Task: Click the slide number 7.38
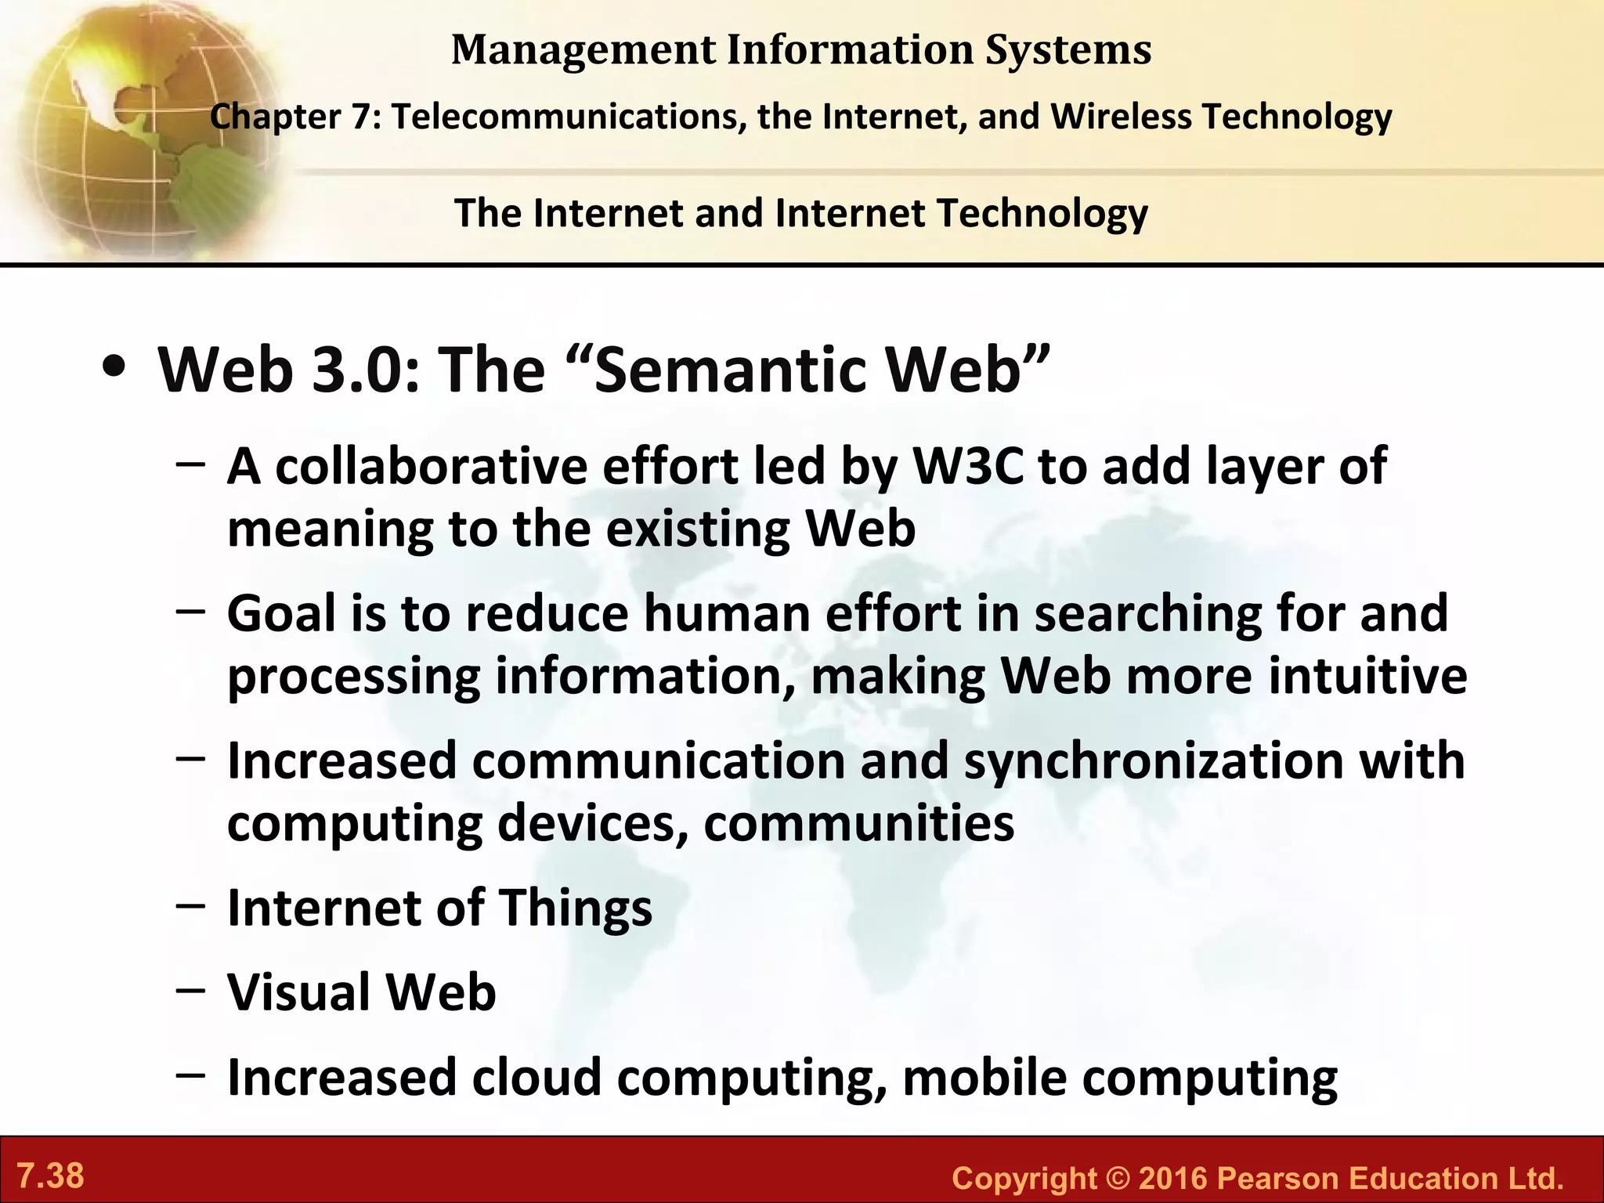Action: click(51, 1176)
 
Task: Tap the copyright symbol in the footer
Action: click(1118, 1179)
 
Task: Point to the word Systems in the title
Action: click(1068, 50)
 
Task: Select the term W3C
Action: click(969, 467)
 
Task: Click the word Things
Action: click(576, 909)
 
